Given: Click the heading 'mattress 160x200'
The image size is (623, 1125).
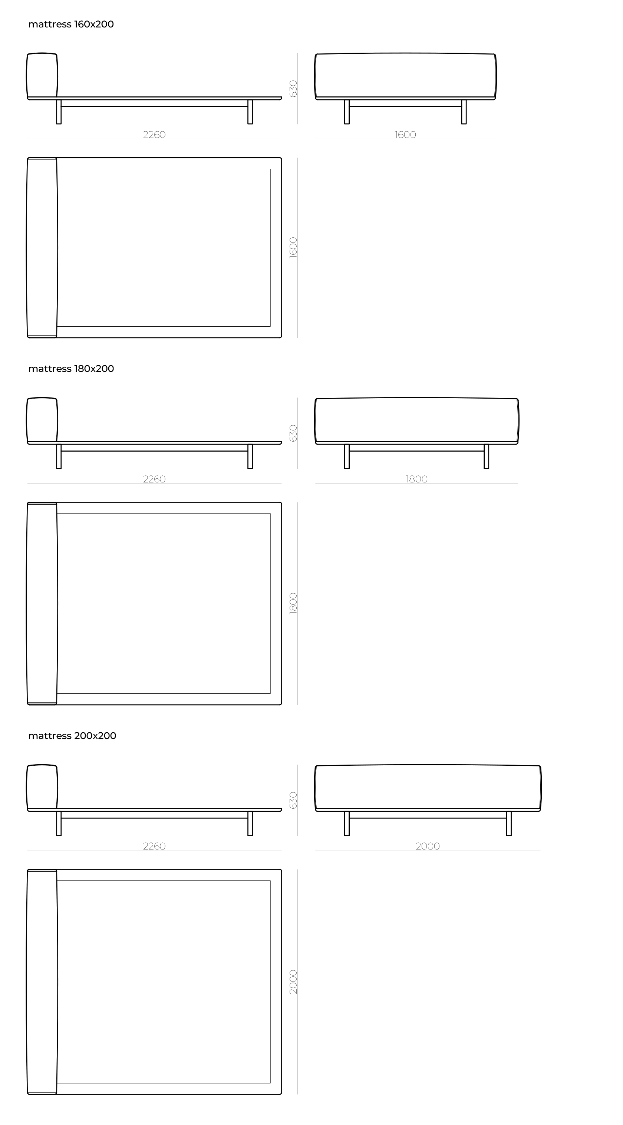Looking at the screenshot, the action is pos(71,24).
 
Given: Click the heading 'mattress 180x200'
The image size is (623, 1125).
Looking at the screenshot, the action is pos(71,369).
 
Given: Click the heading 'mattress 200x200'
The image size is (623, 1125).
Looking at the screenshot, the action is pos(72,736).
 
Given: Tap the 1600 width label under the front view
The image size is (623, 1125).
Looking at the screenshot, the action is pos(405,135).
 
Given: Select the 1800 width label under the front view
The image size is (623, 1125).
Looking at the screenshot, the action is pos(416,479).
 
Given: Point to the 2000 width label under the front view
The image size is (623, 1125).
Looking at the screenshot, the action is pos(428,847).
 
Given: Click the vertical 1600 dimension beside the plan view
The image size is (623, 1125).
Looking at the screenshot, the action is pos(293,248).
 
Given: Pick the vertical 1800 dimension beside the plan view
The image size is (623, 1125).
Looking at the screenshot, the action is pos(293,604).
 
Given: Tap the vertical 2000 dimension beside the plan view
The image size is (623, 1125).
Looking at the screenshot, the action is pos(293,982).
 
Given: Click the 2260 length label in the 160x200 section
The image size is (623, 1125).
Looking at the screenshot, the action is pos(154,135).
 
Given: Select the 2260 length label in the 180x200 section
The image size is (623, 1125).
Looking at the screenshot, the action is pos(154,479).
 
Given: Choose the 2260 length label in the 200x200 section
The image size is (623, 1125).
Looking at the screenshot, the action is pos(154,847).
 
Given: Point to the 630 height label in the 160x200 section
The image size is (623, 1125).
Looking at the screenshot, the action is pos(293,89).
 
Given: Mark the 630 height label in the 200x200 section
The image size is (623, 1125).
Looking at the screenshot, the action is pos(293,801).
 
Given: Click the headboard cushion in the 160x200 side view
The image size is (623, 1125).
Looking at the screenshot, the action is pos(42,75).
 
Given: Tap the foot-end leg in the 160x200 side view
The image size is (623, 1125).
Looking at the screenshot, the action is pos(250,112).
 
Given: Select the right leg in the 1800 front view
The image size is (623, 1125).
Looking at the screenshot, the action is pos(486,456).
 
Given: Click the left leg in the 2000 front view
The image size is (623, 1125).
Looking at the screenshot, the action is pos(347,824).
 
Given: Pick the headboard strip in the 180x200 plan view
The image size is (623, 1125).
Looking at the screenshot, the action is pos(42,604).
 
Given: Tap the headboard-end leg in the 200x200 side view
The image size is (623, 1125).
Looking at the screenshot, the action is pos(59,824).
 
